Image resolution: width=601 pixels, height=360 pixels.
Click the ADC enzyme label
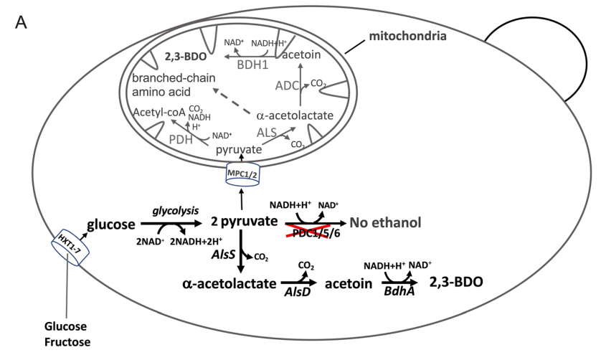pos(286,86)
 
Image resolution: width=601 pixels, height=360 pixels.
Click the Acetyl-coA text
pos(159,113)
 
